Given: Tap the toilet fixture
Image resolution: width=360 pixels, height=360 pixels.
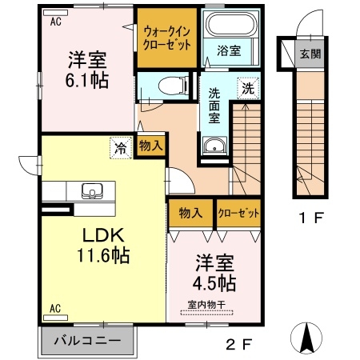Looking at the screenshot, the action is (174, 86).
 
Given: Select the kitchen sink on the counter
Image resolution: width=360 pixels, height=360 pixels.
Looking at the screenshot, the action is (92, 191).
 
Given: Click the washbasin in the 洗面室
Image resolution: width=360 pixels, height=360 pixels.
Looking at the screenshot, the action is (214, 146).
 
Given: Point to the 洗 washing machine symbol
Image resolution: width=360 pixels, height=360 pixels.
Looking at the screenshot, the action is (248, 88).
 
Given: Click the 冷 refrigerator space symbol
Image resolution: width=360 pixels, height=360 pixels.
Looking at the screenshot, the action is (121, 148).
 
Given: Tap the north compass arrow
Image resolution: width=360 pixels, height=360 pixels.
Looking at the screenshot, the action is (306, 338).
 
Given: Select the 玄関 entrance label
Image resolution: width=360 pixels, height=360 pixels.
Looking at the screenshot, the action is (310, 54).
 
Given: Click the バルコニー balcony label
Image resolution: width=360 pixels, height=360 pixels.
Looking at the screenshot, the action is (87, 341).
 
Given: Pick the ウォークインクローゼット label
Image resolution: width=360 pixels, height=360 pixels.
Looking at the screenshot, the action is (167, 38).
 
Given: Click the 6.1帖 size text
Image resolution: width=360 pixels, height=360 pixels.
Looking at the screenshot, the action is (87, 80).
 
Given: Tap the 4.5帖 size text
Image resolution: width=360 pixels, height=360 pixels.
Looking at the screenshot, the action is (214, 283).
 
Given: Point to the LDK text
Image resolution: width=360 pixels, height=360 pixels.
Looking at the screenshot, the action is (103, 235).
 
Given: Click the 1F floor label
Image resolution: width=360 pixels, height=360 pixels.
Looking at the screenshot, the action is (311, 218).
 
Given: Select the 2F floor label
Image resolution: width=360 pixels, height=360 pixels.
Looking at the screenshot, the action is (239, 344).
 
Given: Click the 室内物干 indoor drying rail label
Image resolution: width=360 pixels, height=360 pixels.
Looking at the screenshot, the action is (206, 305).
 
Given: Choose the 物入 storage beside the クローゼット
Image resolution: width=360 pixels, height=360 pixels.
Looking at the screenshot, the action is (190, 213).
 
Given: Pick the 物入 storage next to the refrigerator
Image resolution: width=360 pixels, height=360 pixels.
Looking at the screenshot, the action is (151, 146).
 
